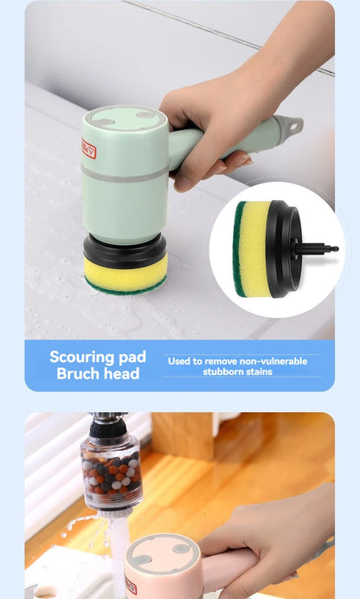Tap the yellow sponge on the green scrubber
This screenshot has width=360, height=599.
(x=125, y=274)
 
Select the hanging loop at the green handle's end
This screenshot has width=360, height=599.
(x=293, y=126)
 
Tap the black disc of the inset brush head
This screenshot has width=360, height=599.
(x=286, y=248)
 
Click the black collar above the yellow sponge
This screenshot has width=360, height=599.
(x=125, y=251)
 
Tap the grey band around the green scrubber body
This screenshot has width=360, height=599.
(x=125, y=172)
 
